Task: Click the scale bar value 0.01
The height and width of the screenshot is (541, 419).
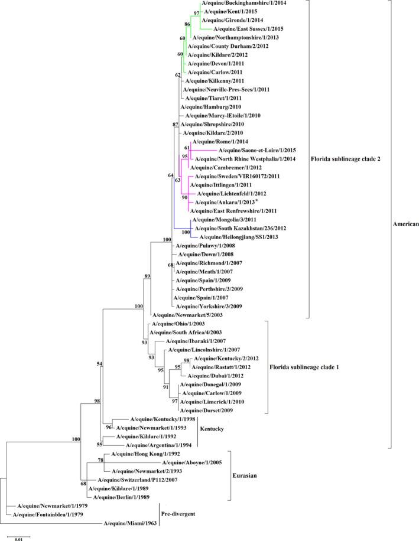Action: point(18,538)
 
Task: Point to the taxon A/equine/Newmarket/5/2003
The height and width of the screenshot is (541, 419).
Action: point(185,315)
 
